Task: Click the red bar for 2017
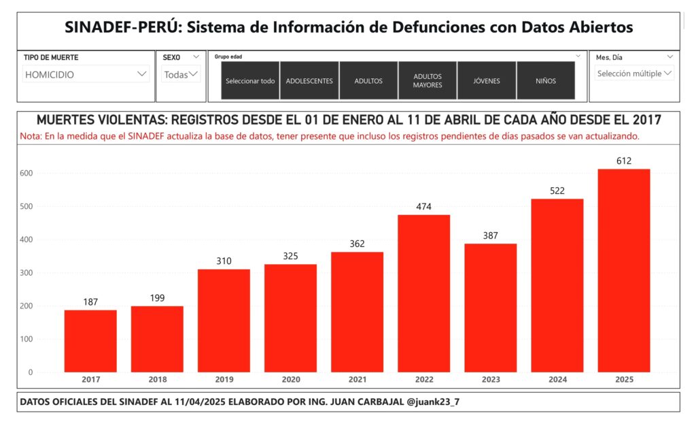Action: (x=90, y=341)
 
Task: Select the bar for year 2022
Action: (x=423, y=293)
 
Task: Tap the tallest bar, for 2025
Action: (x=624, y=270)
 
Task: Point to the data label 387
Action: (x=490, y=235)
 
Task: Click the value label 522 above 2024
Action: (x=557, y=191)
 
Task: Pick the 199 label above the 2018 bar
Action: (x=157, y=298)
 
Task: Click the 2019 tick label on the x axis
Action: (x=224, y=379)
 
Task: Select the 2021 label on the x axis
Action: (x=357, y=379)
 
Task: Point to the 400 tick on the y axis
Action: (x=26, y=240)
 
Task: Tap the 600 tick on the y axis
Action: (x=26, y=173)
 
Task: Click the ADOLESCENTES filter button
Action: (x=309, y=81)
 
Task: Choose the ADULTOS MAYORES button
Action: (x=428, y=81)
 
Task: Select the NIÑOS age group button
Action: (x=546, y=81)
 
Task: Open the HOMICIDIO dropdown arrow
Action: (x=141, y=74)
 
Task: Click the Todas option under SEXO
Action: (x=177, y=75)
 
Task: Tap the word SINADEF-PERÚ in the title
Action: (x=122, y=28)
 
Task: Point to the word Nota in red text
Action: (x=31, y=137)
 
